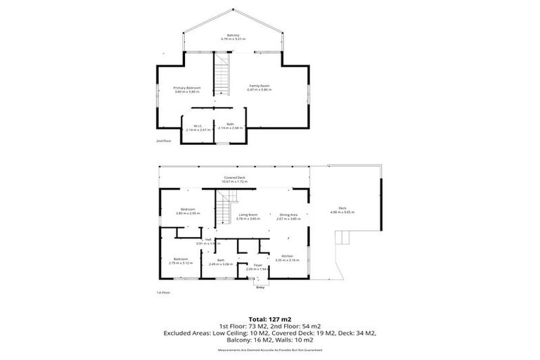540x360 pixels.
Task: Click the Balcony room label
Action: tap(233, 36)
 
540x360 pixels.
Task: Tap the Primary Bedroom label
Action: tap(187, 89)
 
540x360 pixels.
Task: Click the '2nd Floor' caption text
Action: tap(163, 141)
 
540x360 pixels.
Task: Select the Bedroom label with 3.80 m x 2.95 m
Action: tap(187, 211)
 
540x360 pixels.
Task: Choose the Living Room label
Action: tap(247, 217)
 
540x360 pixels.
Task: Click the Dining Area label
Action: tap(289, 217)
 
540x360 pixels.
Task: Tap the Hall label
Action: tap(208, 241)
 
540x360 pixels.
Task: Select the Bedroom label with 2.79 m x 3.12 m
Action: tap(181, 261)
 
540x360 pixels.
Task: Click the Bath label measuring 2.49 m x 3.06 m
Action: tap(220, 262)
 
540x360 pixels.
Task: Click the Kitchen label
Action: tap(290, 257)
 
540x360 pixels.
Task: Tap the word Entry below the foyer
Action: tap(260, 288)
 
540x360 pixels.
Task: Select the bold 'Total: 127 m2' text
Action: tap(269, 319)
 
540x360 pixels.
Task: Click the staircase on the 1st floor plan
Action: tap(224, 208)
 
